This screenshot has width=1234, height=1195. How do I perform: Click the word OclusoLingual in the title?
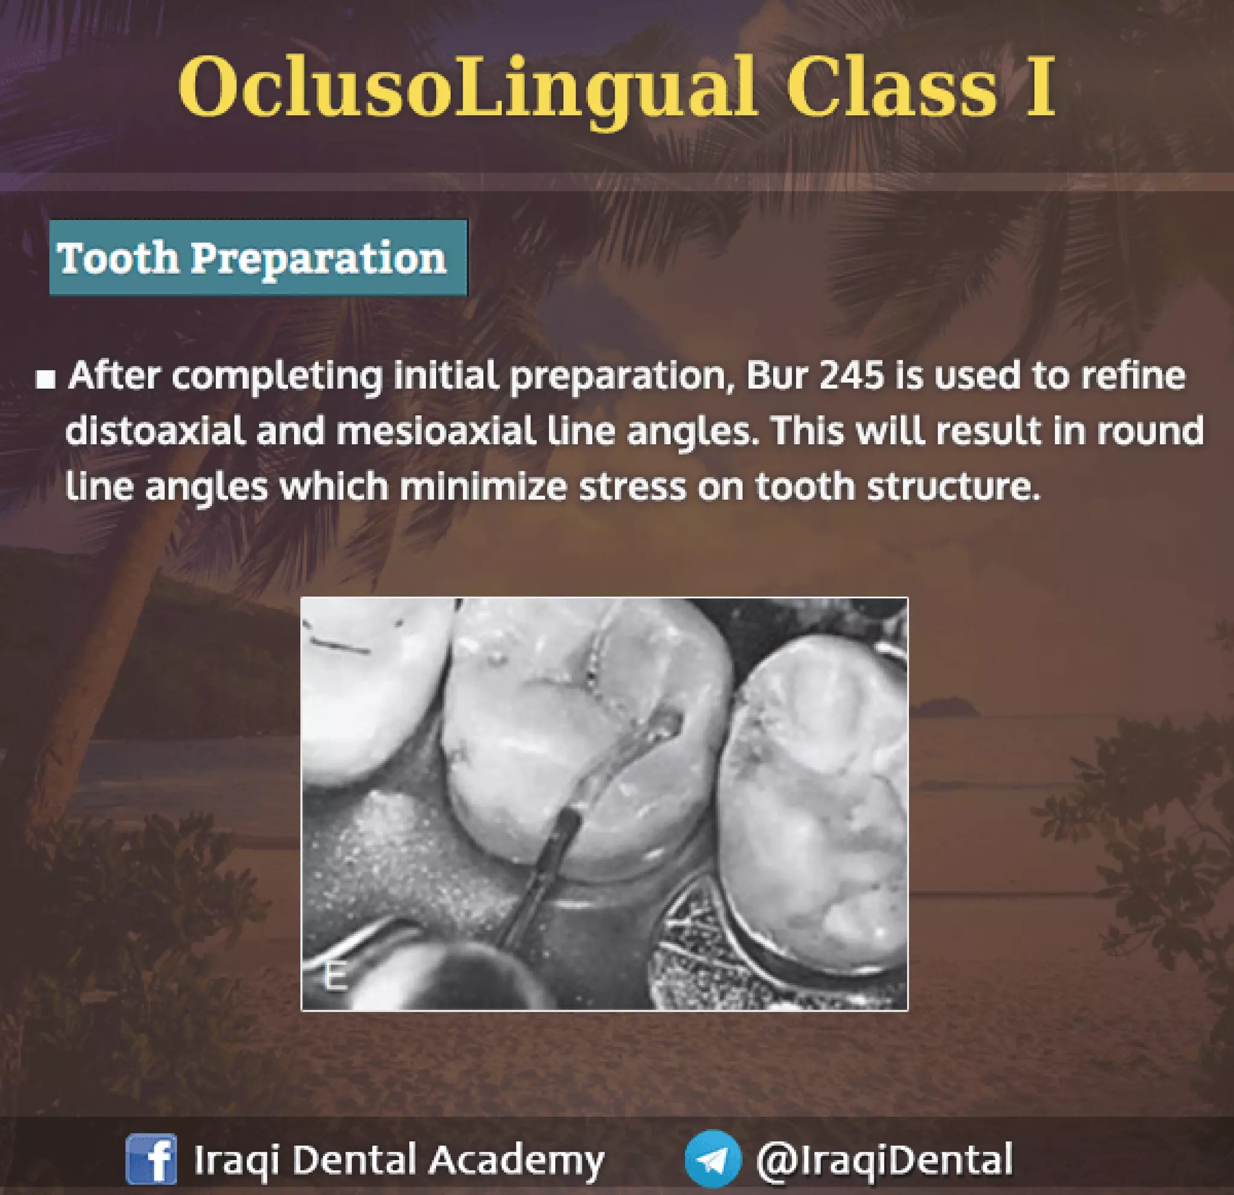click(x=466, y=88)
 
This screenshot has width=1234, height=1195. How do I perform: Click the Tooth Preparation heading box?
click(x=258, y=257)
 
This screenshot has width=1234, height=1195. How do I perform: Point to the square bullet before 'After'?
click(x=45, y=380)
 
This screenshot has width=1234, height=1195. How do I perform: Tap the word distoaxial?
click(x=155, y=432)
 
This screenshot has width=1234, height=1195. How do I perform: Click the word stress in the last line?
click(x=631, y=487)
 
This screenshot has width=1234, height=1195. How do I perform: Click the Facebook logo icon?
click(x=151, y=1159)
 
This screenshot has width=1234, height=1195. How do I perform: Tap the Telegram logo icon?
click(x=713, y=1159)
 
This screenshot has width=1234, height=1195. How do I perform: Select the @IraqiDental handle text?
click(x=884, y=1159)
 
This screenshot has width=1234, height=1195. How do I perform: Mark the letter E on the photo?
click(x=334, y=976)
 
